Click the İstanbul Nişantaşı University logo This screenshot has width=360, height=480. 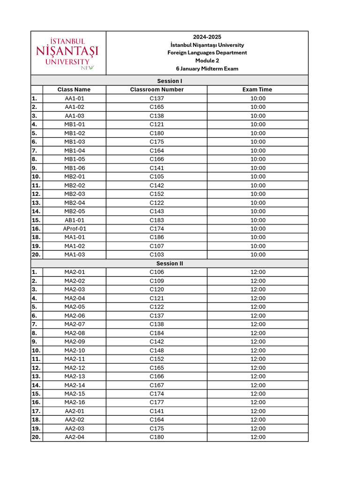point(68,53)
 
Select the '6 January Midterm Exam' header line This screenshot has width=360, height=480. point(207,68)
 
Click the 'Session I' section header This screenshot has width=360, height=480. point(170,81)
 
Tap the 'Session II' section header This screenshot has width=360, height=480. point(170,263)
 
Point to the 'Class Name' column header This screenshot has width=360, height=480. point(74,90)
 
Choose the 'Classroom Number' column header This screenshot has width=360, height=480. point(157,90)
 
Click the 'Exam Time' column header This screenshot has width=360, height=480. point(257,90)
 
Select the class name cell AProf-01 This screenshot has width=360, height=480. point(75,229)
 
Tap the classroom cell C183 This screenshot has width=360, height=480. point(157,220)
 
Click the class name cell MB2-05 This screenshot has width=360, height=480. point(75,211)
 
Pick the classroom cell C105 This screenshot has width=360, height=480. point(157,177)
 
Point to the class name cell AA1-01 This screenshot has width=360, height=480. point(75,98)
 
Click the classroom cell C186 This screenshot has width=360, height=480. point(157,237)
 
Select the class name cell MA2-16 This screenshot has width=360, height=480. point(75,402)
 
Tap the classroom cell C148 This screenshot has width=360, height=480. point(157,350)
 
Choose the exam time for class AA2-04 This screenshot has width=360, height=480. point(258,437)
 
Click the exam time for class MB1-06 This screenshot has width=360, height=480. point(258,168)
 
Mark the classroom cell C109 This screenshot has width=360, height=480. point(157,281)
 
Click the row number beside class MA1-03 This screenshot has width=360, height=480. point(37,255)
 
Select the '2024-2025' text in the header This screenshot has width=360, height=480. point(207,37)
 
